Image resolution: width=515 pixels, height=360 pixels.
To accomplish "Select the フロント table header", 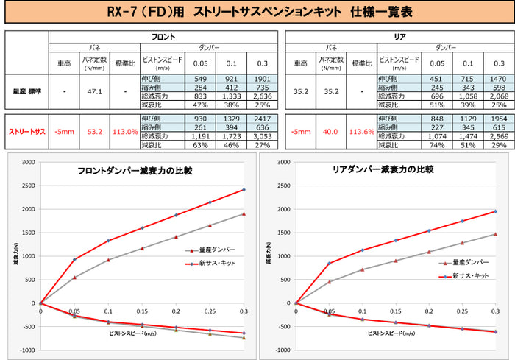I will pyautogui.click(x=163, y=36).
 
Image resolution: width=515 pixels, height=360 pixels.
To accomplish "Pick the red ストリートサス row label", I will pyautogui.click(x=26, y=132).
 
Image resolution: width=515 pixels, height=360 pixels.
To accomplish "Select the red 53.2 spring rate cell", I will pyautogui.click(x=95, y=132).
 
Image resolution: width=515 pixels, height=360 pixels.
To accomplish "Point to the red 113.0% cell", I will pyautogui.click(x=124, y=132).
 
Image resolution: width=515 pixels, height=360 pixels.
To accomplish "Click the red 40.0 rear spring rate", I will pyautogui.click(x=330, y=132).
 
